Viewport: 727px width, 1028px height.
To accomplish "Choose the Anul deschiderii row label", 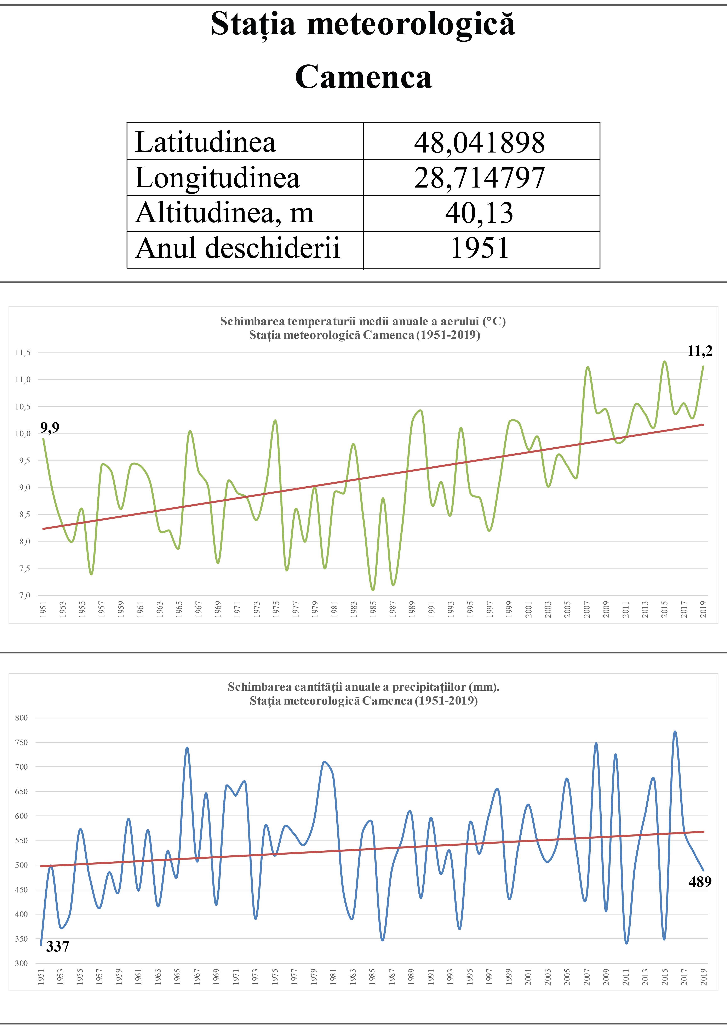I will tap(237, 248).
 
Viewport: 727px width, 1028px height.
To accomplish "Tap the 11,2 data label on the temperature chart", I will tap(700, 351).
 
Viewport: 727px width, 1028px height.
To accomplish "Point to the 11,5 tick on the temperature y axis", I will tap(23, 353).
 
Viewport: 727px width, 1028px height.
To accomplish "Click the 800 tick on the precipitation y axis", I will tap(22, 718).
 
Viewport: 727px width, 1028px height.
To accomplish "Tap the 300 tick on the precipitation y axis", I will tap(22, 964).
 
